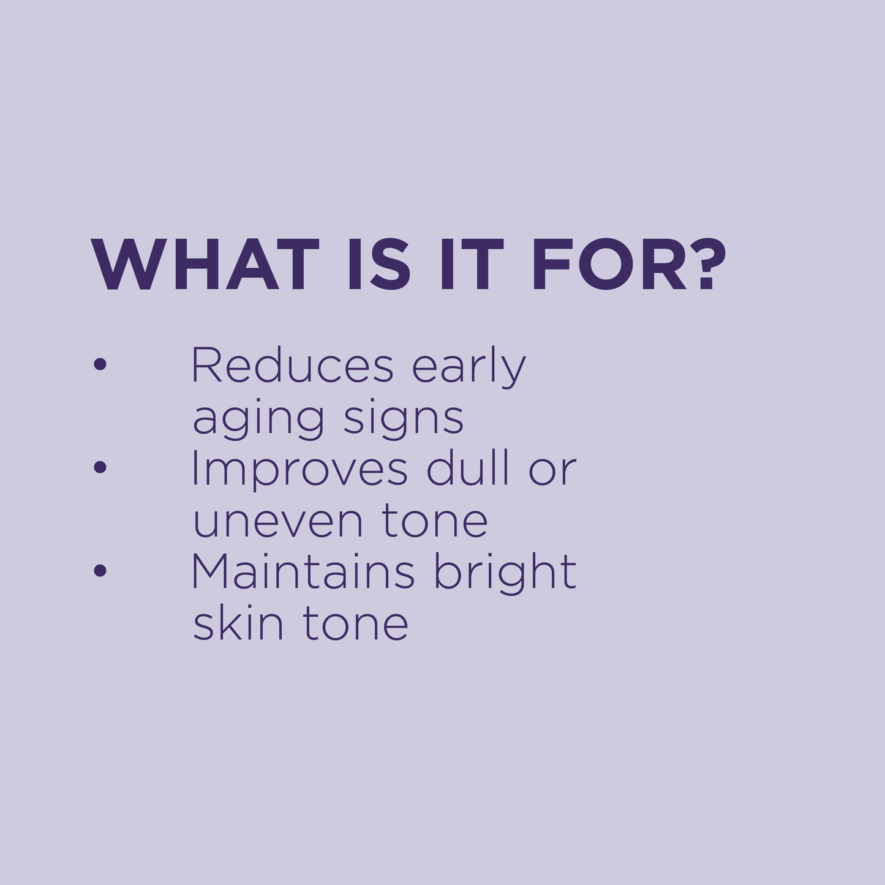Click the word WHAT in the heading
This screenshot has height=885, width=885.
click(x=205, y=265)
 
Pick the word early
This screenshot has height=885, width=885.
click(x=469, y=367)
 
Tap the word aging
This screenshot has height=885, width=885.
click(x=258, y=420)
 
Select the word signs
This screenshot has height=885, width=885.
click(x=403, y=420)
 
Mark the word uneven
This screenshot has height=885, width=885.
click(x=278, y=522)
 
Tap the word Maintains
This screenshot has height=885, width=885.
click(x=303, y=572)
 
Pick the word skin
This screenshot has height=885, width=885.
click(x=238, y=623)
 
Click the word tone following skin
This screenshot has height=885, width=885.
click(x=356, y=624)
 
